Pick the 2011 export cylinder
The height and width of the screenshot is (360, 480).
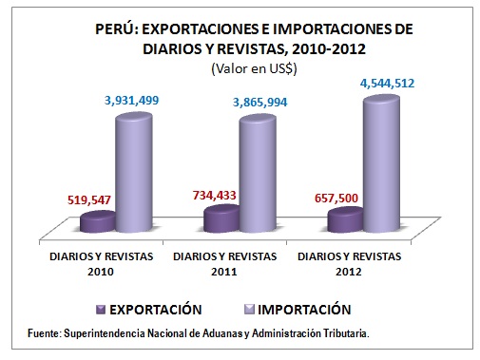pyautogui.click(x=221, y=218)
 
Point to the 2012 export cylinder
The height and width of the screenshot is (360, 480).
pyautogui.click(x=345, y=219)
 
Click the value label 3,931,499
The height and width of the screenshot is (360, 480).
pyautogui.click(x=138, y=99)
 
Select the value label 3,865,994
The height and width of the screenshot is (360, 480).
pyautogui.click(x=259, y=101)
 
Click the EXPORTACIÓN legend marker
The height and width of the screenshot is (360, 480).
pyautogui.click(x=101, y=309)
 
